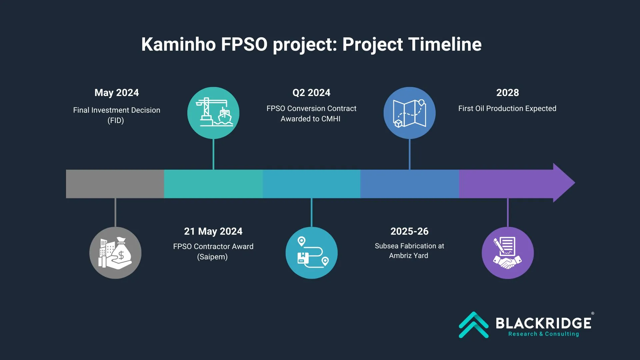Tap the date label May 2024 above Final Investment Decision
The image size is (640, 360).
(x=117, y=93)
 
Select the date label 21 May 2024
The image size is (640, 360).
(x=213, y=231)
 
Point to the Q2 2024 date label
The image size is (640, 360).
(x=311, y=93)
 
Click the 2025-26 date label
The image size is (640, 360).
(x=409, y=231)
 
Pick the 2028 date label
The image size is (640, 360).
(x=507, y=93)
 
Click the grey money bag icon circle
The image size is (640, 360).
(x=115, y=253)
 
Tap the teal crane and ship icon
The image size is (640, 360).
(x=213, y=113)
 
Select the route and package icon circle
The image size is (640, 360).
(x=312, y=253)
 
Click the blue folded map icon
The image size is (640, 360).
(x=410, y=113)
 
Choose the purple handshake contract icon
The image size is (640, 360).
(x=508, y=253)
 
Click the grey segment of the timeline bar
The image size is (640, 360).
(x=115, y=184)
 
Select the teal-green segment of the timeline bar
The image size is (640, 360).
(x=213, y=184)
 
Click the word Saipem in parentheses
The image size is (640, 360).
(x=212, y=257)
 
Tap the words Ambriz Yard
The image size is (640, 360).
(x=409, y=256)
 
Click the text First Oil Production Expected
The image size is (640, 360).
(x=507, y=109)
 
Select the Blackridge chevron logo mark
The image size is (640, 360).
(x=474, y=325)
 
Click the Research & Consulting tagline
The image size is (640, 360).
(x=544, y=334)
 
